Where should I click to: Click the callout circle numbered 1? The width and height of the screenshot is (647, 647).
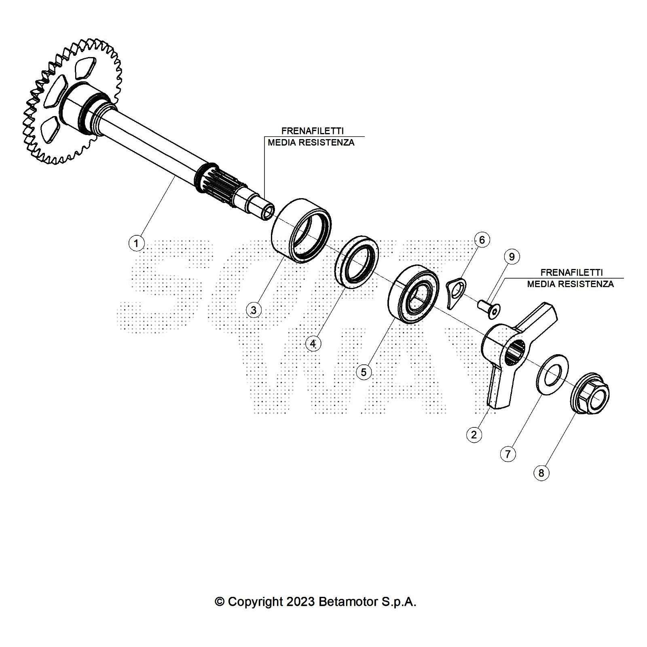tap(136, 243)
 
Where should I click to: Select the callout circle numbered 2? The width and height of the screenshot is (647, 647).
tap(474, 435)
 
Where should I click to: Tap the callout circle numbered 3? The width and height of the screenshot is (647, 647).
tap(254, 310)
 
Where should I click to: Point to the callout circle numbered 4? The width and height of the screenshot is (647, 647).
tap(313, 344)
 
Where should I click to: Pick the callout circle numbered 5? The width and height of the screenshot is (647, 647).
tap(364, 372)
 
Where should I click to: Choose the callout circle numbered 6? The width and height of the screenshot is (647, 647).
tap(482, 240)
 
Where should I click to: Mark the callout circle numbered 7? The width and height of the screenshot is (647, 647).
tap(508, 454)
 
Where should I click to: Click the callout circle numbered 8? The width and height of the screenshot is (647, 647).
tap(541, 472)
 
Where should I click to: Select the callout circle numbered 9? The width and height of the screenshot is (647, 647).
tap(512, 257)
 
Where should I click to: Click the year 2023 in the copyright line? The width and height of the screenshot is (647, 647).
tap(300, 602)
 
